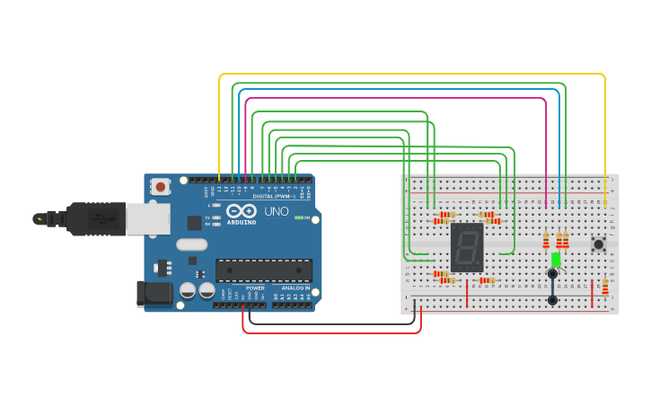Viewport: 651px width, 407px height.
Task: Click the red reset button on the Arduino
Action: point(161,187)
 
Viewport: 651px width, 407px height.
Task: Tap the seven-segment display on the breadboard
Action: point(466,248)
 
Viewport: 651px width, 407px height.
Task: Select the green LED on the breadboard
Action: point(556,260)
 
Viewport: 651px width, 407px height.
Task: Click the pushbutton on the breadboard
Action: point(599,243)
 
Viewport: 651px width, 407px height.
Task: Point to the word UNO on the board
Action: point(276,211)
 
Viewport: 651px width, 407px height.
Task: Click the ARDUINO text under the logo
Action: point(241,221)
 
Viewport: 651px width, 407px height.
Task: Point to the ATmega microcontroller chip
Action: point(263,270)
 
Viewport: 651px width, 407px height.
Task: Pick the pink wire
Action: point(395,98)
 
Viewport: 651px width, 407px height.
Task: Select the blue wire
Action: point(395,90)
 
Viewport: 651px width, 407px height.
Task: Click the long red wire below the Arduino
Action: point(332,332)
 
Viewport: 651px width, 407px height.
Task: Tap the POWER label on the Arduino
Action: point(255,288)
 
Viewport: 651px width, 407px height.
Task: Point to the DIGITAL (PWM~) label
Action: point(276,195)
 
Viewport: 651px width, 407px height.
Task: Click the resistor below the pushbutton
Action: point(604,287)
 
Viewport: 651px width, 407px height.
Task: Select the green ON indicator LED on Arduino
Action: point(298,217)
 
